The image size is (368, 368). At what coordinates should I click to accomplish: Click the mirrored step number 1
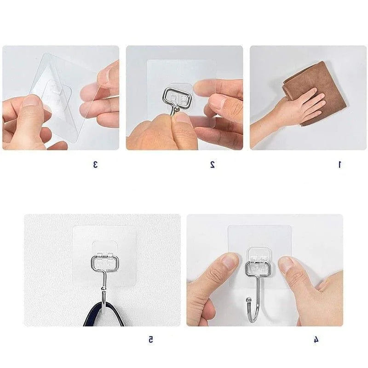pos(339,165)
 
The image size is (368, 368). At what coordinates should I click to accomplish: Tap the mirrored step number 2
pos(213,165)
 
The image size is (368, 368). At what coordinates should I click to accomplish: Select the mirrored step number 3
pos(95,165)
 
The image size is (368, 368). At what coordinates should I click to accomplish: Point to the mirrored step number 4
pos(316,339)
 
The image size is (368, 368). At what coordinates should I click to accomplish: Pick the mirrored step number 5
pos(151,339)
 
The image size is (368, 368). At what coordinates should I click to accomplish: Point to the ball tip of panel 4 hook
pos(248,300)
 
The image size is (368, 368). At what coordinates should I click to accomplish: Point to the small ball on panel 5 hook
pos(103,288)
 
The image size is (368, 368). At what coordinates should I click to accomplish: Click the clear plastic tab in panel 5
pos(104,249)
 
